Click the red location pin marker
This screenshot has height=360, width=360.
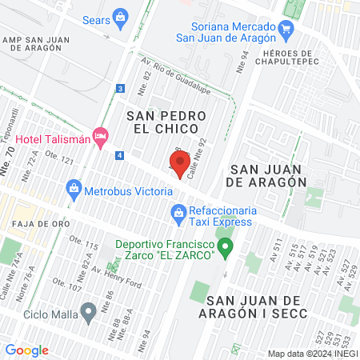(180, 165)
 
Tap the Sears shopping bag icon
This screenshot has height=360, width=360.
(120, 16)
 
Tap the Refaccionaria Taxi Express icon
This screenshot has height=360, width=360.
(178, 213)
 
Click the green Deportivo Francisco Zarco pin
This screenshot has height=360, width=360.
(226, 247)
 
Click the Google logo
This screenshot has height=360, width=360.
(27, 350)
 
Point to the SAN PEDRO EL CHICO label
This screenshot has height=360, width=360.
(166, 122)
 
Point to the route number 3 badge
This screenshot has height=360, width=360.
(120, 88)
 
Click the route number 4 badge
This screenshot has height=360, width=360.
(119, 154)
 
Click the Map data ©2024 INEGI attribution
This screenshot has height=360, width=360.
(312, 353)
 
